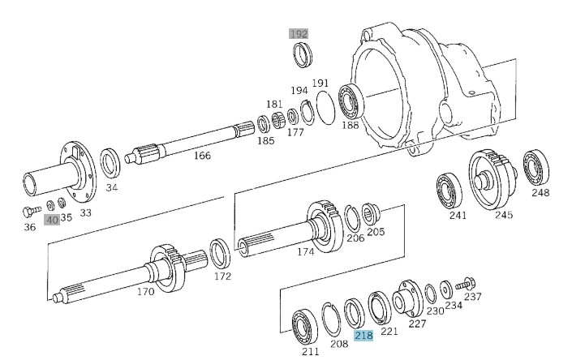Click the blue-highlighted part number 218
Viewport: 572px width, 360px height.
point(363,335)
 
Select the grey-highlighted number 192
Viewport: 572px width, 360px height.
point(299,34)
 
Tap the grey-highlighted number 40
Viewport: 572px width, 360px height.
point(52,220)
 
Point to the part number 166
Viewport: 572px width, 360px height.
point(202,156)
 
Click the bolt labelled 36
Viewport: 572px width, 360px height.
point(31,211)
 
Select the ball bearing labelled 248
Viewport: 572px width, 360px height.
point(535,167)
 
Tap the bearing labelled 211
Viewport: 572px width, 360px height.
point(304,328)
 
